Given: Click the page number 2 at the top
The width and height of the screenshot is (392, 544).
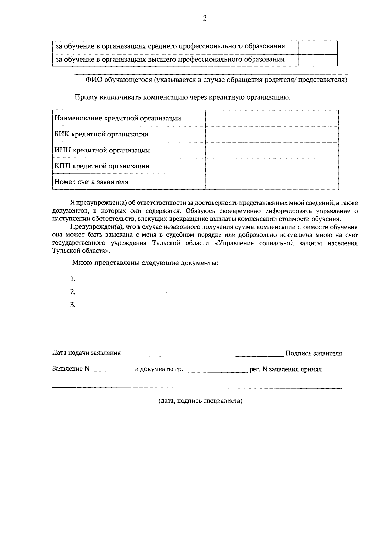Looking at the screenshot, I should point(204,18).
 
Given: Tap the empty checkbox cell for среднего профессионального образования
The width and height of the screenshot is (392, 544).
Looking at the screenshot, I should point(318,47).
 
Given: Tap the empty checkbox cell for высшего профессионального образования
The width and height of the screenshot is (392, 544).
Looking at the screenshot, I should point(318,60).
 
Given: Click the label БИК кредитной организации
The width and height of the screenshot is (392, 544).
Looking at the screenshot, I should point(101,134).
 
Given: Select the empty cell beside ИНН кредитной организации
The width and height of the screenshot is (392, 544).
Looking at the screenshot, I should point(272,150).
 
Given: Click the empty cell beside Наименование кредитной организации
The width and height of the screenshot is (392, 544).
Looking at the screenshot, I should point(272,118).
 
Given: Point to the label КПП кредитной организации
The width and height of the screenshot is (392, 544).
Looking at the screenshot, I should point(102,166).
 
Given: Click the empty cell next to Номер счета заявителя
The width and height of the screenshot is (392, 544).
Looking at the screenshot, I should point(272,182).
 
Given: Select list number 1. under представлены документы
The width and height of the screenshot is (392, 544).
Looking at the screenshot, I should point(73,279).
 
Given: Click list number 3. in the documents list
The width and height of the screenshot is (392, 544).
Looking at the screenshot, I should point(73,305).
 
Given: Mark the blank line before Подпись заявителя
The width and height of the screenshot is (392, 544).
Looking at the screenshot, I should point(259,354).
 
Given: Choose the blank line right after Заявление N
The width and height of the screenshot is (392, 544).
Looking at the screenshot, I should point(112,370).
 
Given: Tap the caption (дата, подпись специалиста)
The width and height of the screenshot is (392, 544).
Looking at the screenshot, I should point(200,401).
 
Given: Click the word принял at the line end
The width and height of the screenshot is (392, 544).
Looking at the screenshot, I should point(312,369).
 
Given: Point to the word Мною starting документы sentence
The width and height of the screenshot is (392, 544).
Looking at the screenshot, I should point(82,263).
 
